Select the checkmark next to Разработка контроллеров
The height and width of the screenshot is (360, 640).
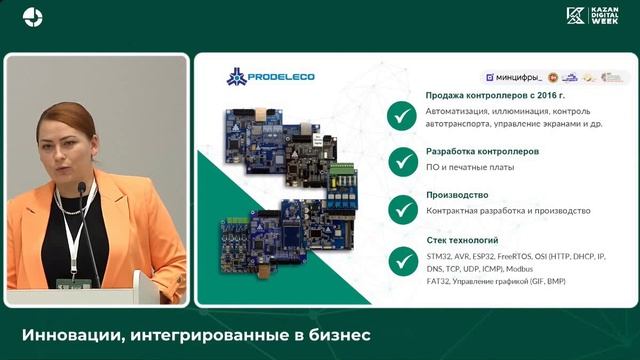[x=402, y=161]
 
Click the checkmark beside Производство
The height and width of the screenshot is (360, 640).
[x=402, y=208]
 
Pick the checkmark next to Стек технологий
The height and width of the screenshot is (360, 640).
[x=402, y=259]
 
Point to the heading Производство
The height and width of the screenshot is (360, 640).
[x=457, y=195]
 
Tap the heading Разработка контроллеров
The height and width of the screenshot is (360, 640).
[x=482, y=151]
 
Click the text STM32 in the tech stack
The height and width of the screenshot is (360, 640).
[x=441, y=256]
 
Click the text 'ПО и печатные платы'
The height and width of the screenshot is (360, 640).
[x=470, y=167]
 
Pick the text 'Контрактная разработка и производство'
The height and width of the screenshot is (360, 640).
[x=507, y=211]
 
